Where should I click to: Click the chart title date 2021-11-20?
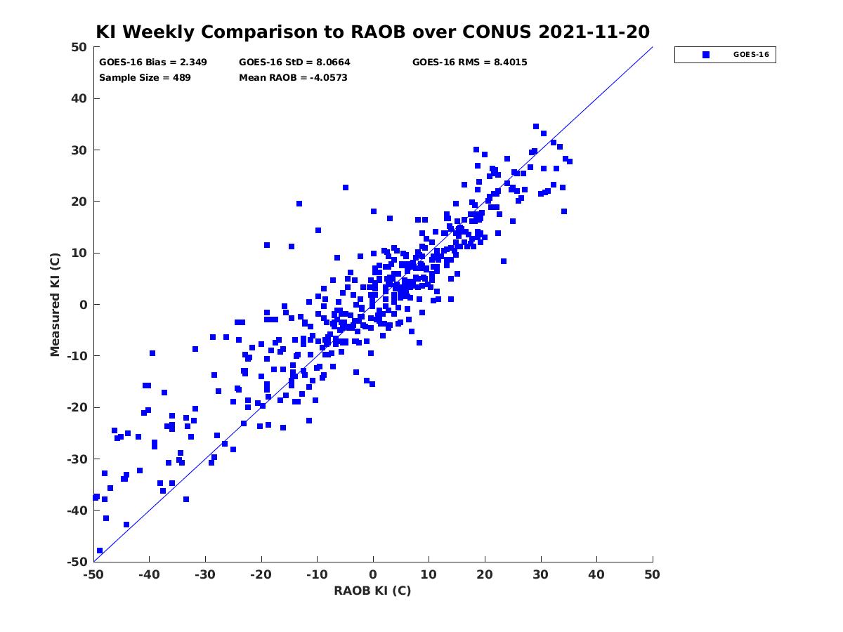[x=594, y=32]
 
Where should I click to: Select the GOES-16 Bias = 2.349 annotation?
[x=153, y=62]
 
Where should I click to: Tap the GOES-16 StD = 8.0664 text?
[x=294, y=62]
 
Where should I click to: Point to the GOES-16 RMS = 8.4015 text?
[x=469, y=62]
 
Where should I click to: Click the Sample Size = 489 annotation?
[x=145, y=77]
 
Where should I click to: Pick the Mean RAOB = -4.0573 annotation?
[x=293, y=77]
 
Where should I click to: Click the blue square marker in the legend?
[x=706, y=55]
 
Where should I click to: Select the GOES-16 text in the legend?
[x=751, y=55]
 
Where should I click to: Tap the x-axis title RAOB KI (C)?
[x=372, y=591]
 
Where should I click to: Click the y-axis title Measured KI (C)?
[x=55, y=304]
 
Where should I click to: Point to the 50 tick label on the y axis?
[x=79, y=47]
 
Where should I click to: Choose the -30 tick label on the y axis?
[x=77, y=459]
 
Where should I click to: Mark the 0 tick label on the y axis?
[x=84, y=305]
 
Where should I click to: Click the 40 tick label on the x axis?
[x=596, y=574]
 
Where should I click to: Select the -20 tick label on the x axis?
[x=261, y=574]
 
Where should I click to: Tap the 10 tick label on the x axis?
[x=429, y=574]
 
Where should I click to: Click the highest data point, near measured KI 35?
[x=536, y=126]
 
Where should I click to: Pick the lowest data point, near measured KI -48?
[x=100, y=551]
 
